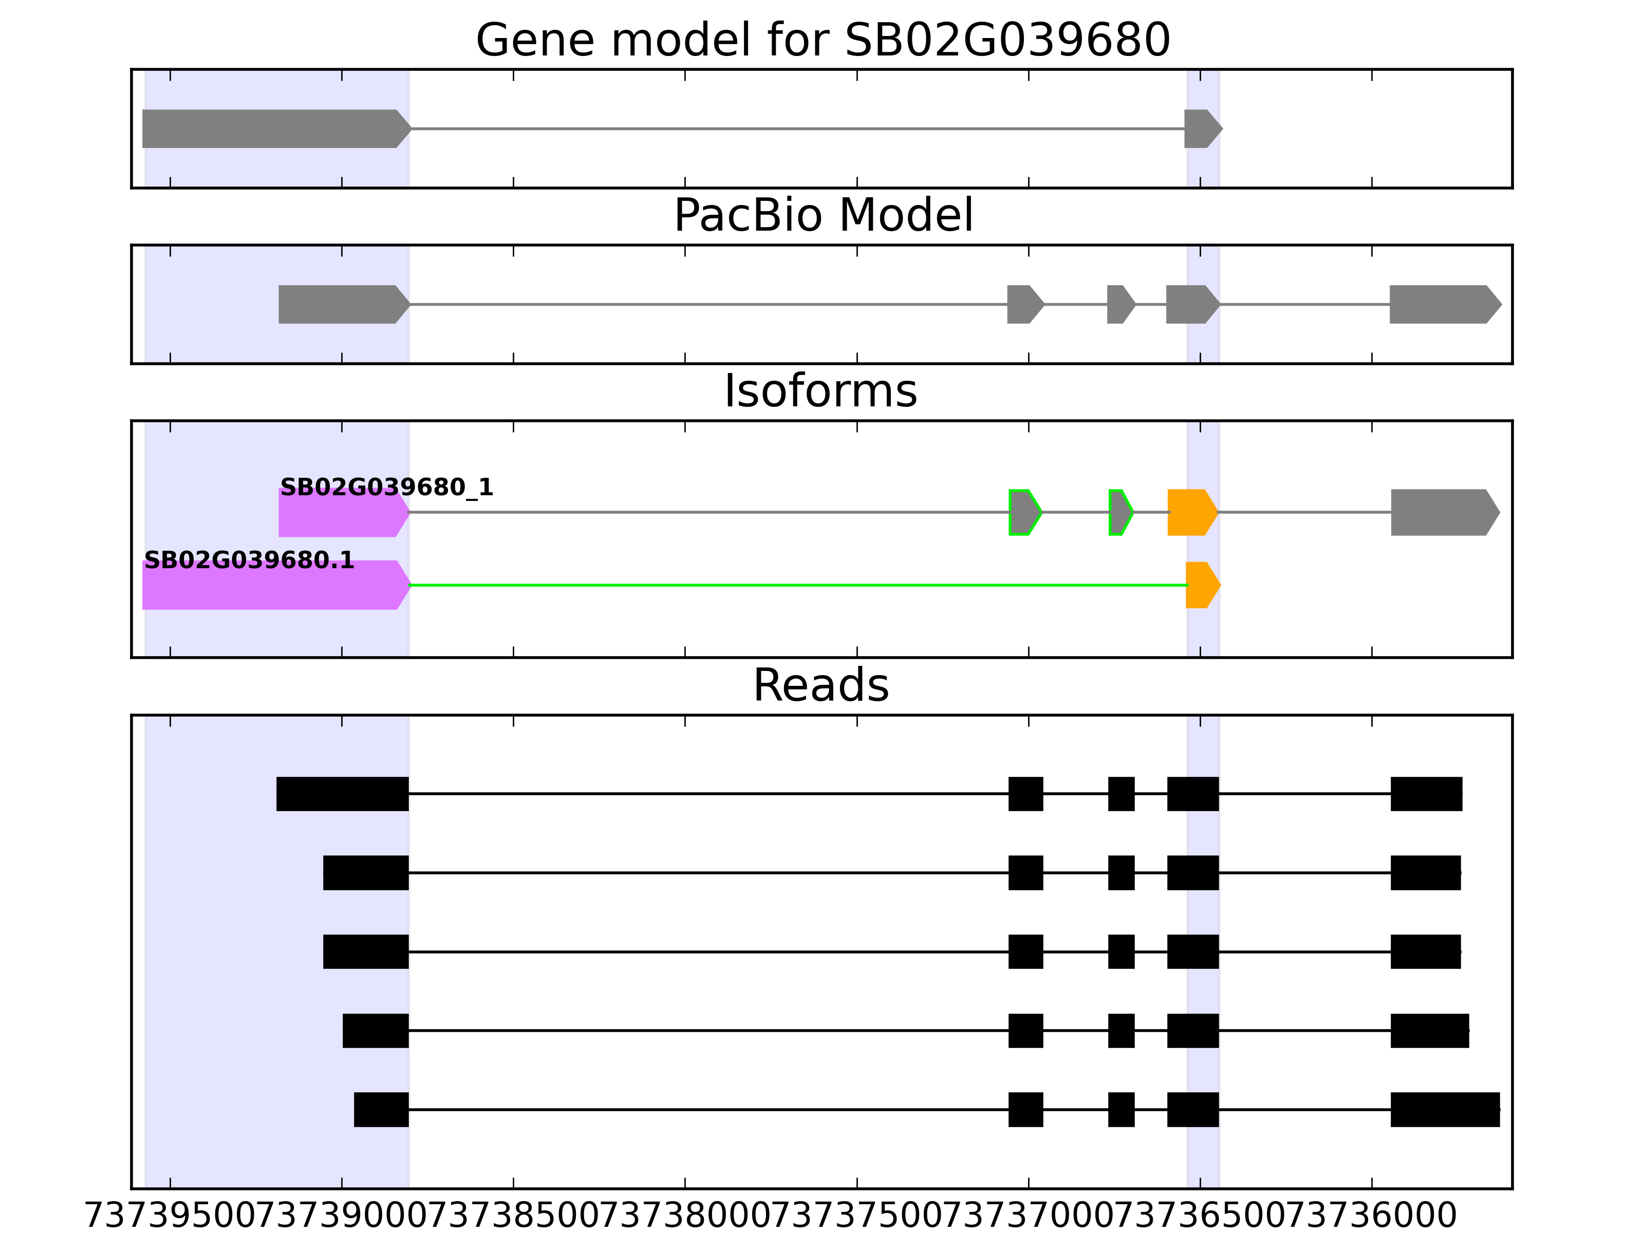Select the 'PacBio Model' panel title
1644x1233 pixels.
(822, 216)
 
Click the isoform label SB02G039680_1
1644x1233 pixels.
(386, 488)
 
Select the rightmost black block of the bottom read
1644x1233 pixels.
(1445, 1110)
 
